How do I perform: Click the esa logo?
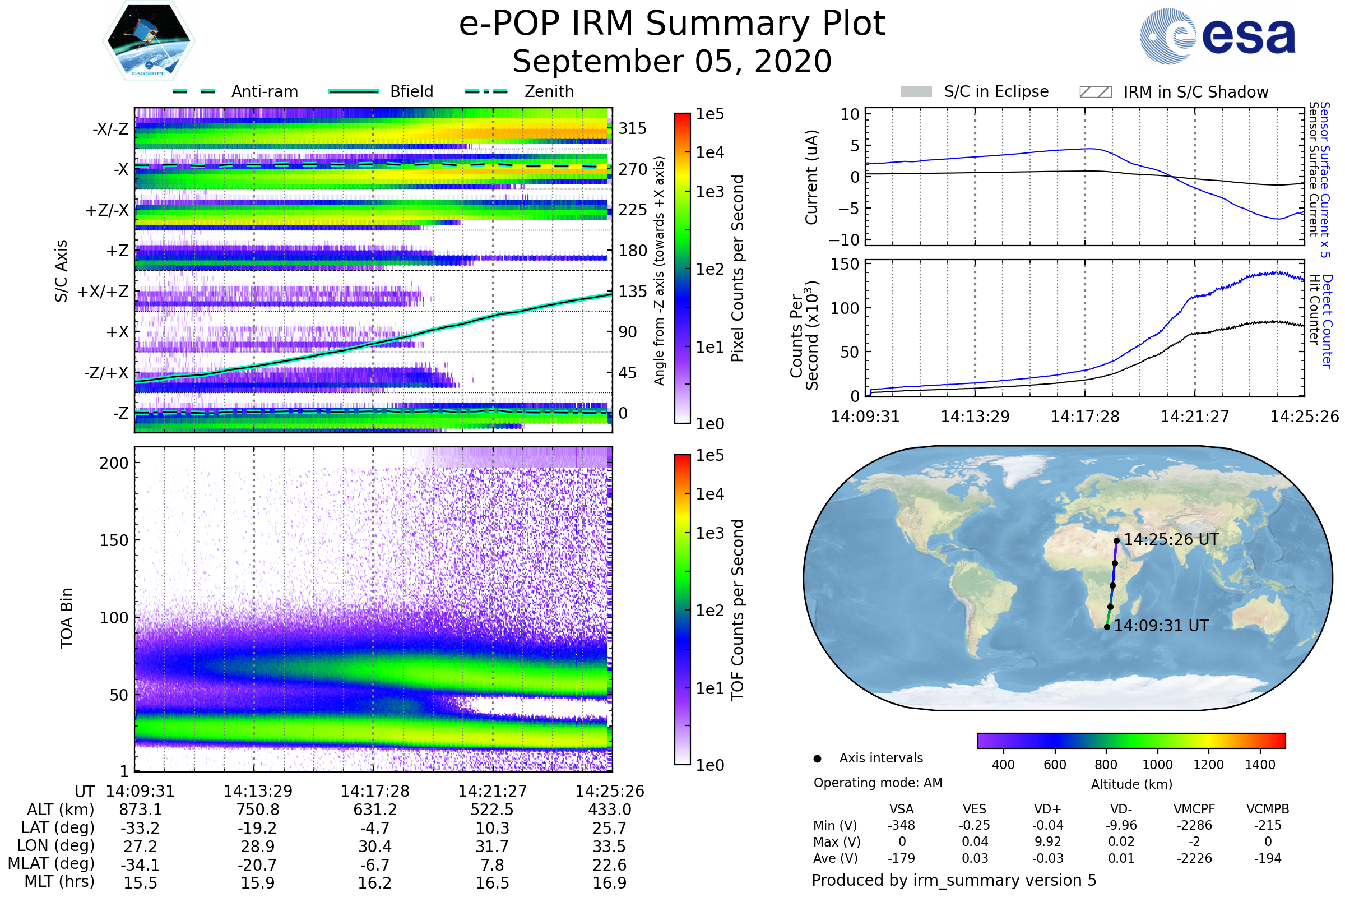(1217, 35)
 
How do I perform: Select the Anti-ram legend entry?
(235, 91)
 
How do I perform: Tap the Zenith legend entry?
(520, 91)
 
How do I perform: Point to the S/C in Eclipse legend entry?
(975, 91)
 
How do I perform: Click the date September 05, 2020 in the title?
(672, 61)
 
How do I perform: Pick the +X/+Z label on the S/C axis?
(103, 292)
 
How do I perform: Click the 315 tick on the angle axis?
(633, 128)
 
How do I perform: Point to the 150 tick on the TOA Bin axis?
(114, 540)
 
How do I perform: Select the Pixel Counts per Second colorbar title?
(738, 269)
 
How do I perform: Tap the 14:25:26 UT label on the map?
(1171, 539)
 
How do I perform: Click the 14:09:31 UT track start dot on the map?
(1107, 627)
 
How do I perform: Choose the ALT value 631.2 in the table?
(375, 810)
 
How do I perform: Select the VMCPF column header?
(1194, 810)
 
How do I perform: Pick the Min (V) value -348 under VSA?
(901, 825)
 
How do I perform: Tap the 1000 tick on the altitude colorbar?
(1157, 765)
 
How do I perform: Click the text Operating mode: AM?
(878, 783)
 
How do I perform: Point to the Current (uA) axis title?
(811, 177)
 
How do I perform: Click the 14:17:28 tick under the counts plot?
(1085, 417)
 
